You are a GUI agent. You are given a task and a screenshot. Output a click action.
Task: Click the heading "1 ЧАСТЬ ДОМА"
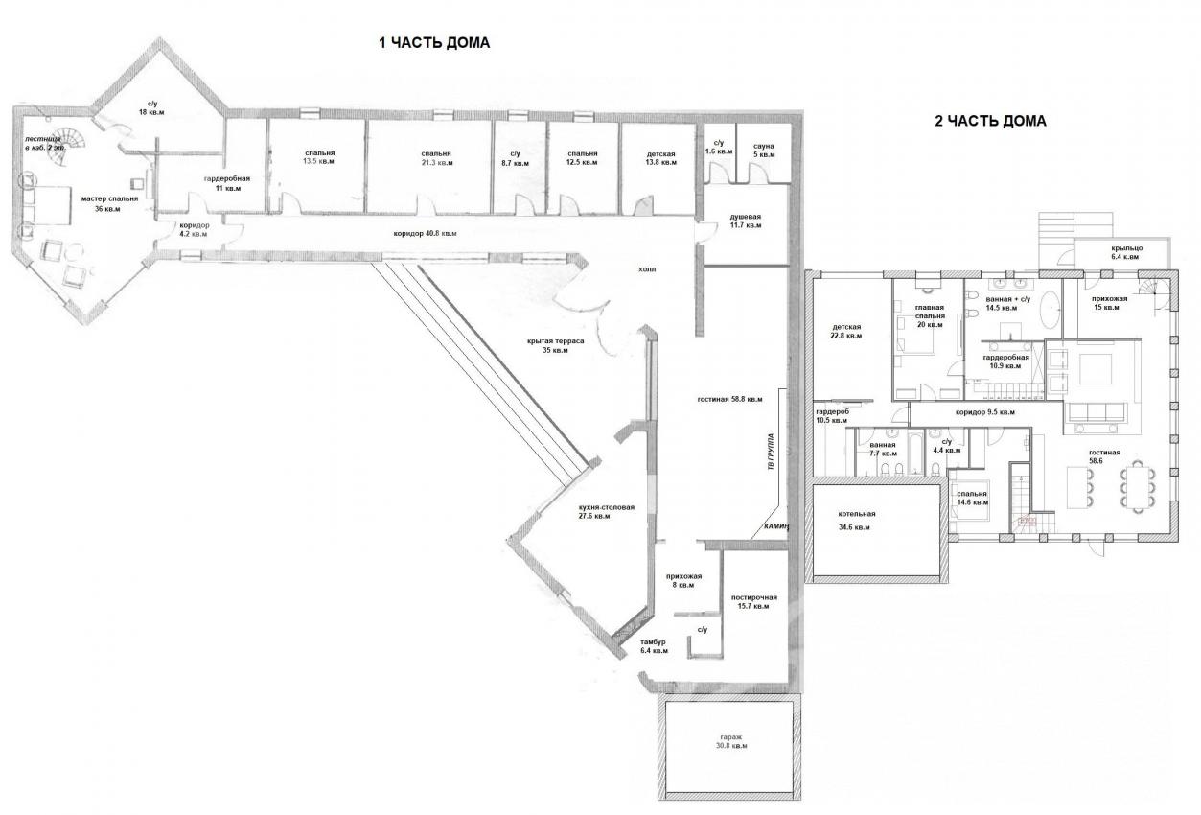click(434, 43)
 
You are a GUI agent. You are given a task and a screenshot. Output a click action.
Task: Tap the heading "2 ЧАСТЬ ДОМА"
click(990, 122)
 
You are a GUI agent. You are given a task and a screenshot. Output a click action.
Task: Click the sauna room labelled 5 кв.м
click(763, 149)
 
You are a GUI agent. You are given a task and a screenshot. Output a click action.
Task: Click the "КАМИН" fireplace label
click(775, 527)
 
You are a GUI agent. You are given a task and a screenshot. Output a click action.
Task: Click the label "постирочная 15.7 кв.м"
click(752, 601)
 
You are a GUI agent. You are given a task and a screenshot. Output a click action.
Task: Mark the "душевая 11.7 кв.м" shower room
click(745, 221)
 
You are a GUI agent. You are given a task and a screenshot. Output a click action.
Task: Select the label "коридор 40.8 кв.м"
click(425, 234)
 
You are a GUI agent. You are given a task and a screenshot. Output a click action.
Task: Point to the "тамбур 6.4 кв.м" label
click(653, 646)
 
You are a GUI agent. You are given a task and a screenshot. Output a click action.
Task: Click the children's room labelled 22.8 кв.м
click(846, 331)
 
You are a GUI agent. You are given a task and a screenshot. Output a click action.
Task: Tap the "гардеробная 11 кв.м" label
click(227, 183)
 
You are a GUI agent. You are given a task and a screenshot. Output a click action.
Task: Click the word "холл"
click(648, 270)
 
